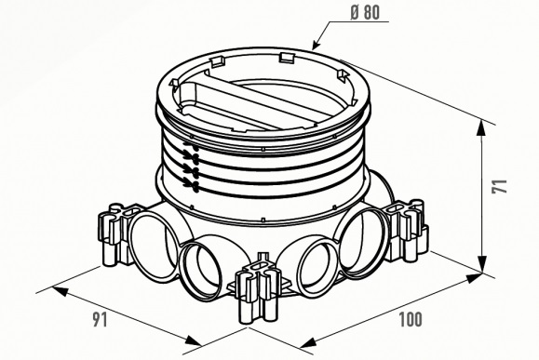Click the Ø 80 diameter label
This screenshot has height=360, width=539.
(365, 13)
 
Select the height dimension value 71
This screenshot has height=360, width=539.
(499, 186)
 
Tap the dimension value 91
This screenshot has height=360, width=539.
(100, 320)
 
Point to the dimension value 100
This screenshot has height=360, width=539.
(411, 319)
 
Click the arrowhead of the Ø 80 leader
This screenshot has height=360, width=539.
(317, 45)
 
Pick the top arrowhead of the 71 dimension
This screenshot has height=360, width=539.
(482, 129)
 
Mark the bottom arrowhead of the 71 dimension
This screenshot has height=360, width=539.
(482, 263)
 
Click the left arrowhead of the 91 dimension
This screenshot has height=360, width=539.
(60, 291)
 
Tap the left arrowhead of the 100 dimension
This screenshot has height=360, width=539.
(308, 342)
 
